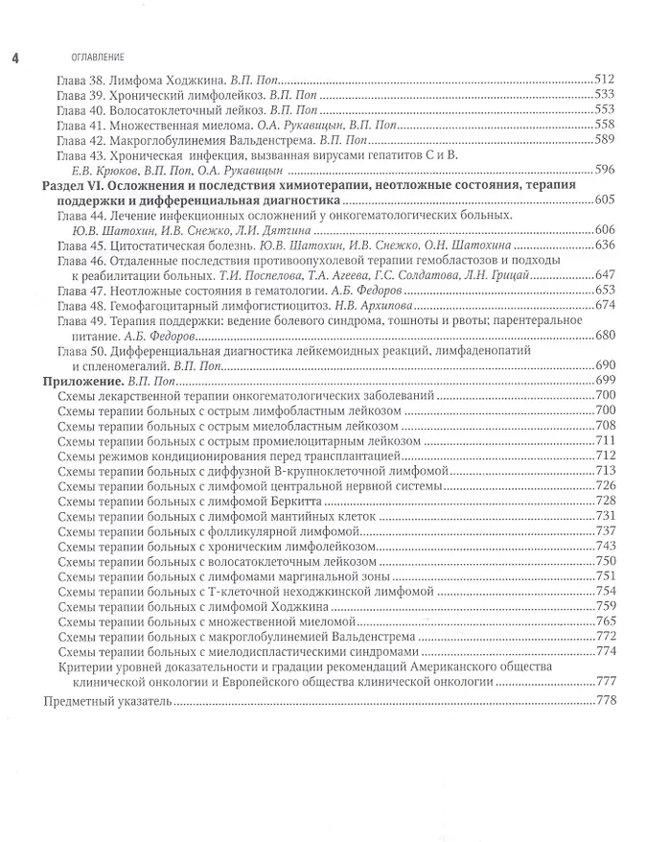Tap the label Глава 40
pos(82,109)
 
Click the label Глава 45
pos(82,246)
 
